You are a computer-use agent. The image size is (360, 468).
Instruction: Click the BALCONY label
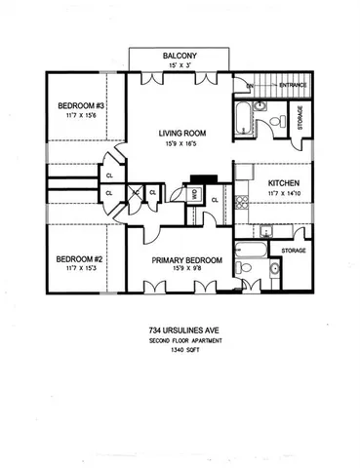180,57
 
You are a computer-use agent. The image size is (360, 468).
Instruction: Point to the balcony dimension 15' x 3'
180,66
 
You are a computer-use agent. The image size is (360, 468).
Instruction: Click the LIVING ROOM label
180,135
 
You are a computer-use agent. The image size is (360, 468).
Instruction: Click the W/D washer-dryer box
195,194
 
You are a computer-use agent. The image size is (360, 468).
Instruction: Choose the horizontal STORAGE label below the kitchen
293,251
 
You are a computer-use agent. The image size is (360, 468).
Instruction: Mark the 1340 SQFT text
180,350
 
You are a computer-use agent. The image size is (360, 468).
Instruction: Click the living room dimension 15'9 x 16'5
180,145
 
